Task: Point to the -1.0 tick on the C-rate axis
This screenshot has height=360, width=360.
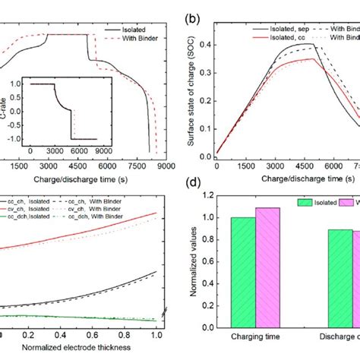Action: [24, 138]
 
